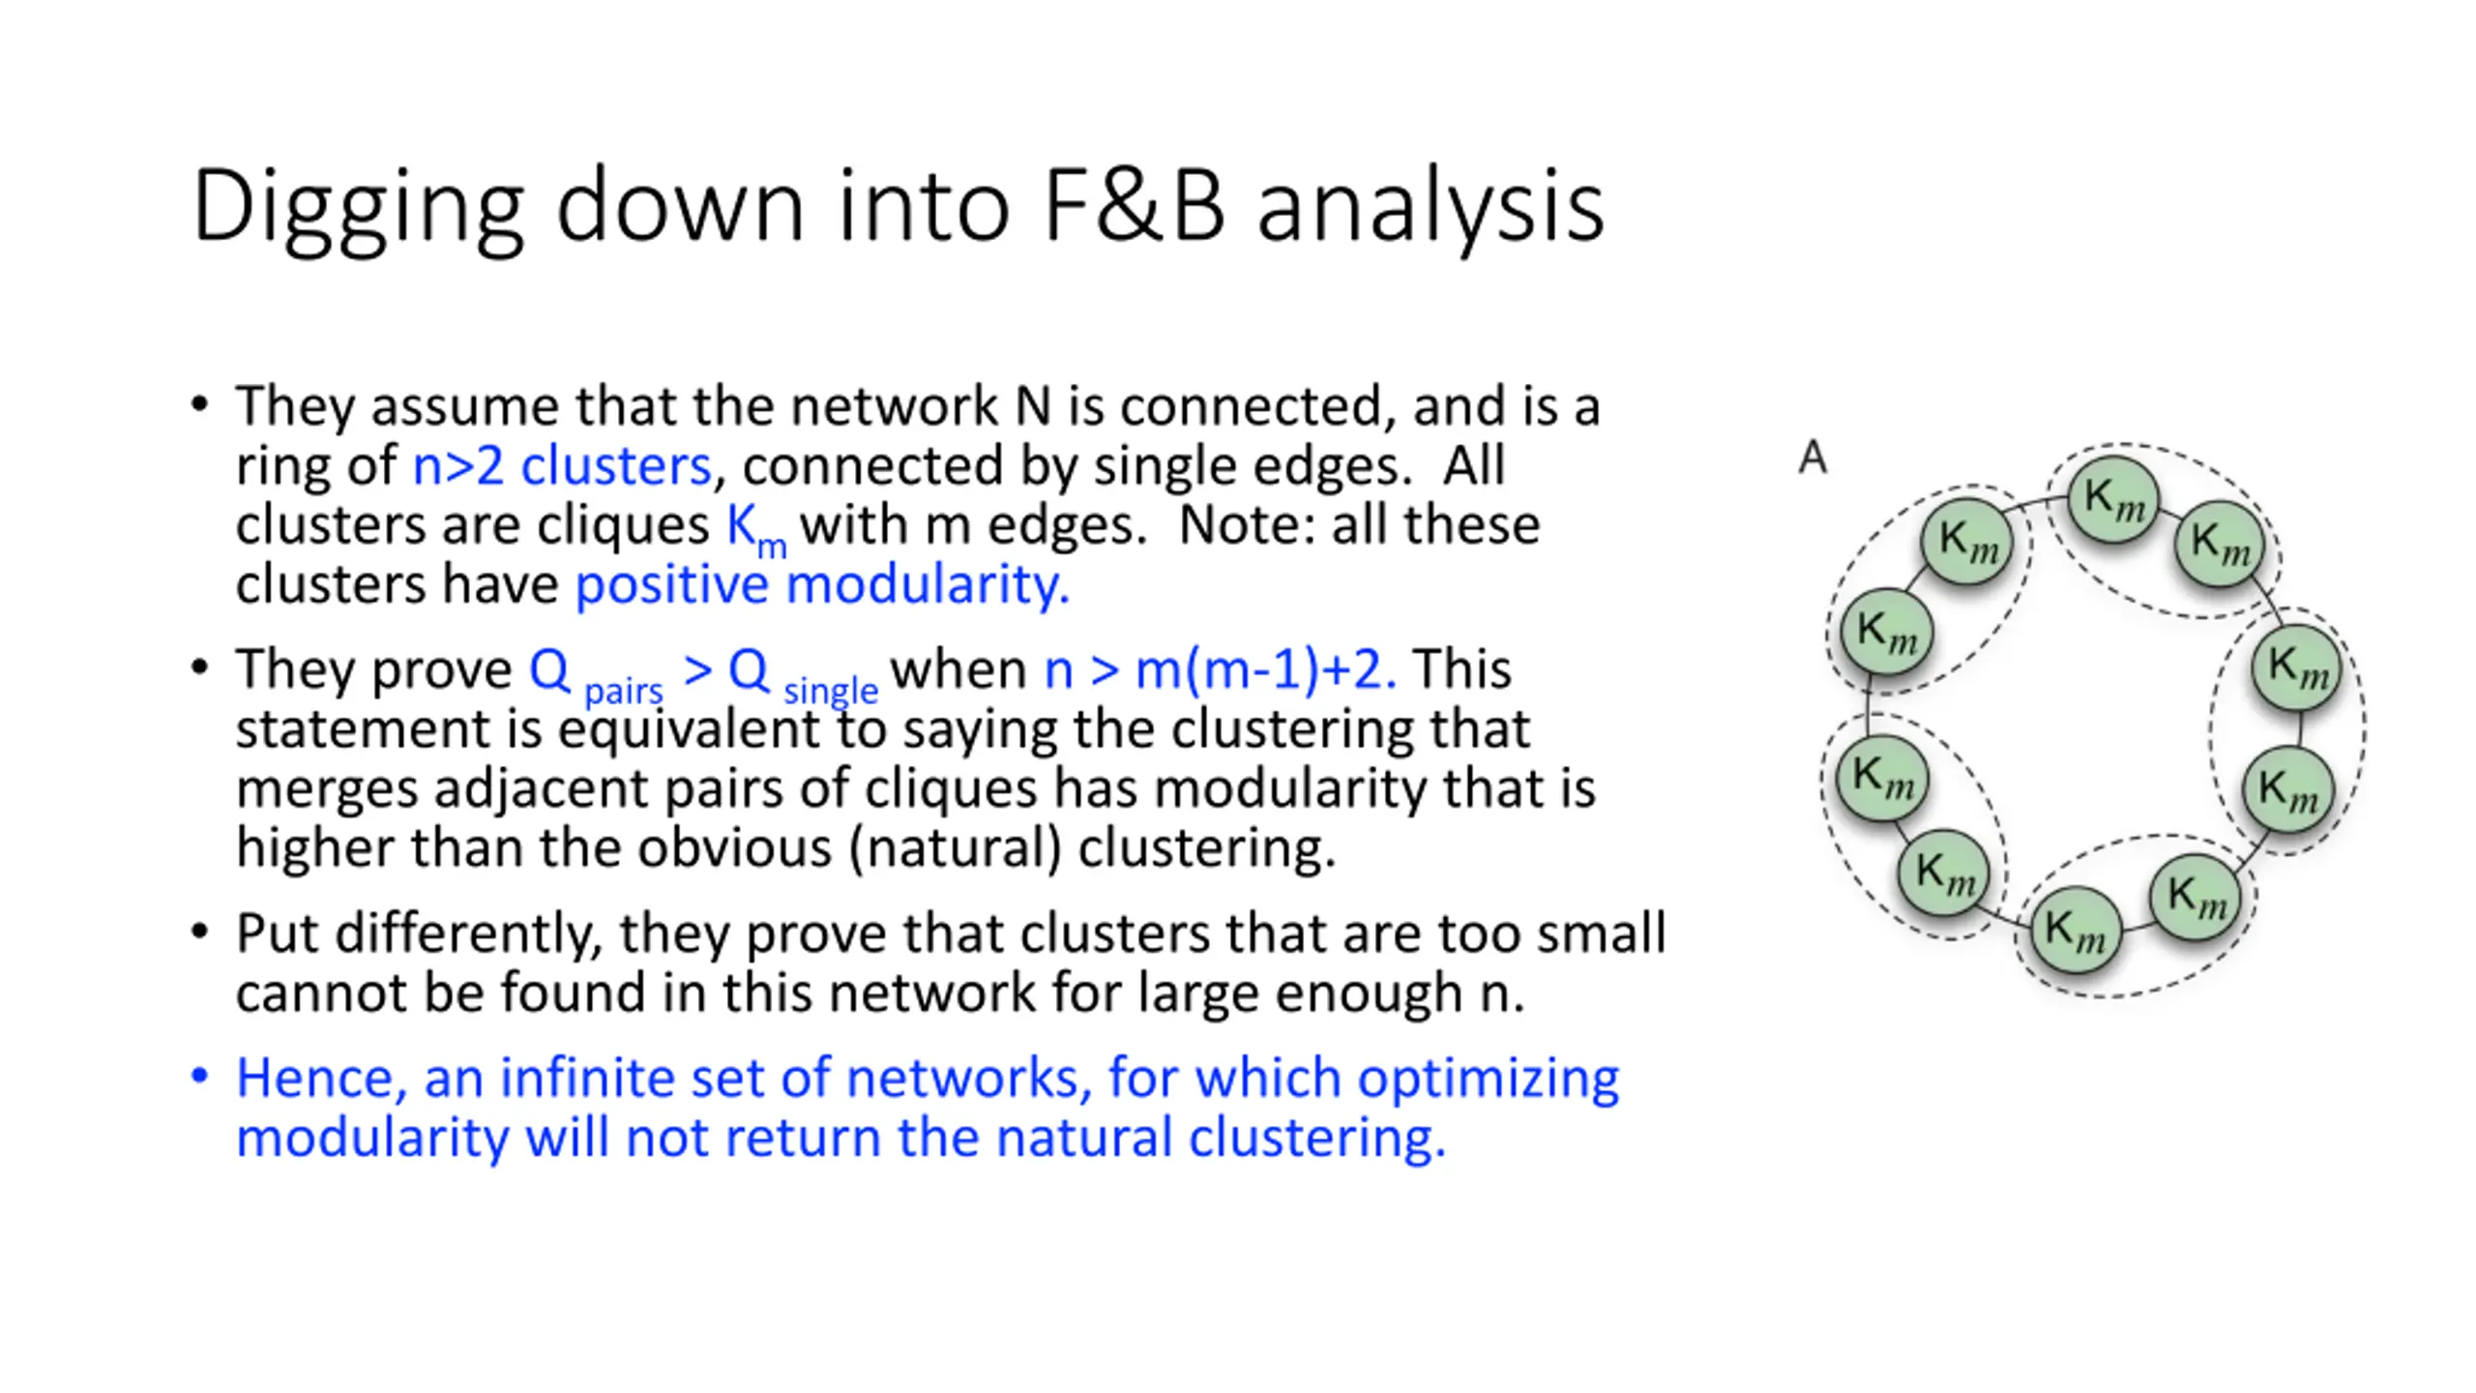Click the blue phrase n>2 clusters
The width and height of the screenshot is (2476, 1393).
[562, 466]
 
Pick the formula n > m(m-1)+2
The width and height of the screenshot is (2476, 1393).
[1220, 669]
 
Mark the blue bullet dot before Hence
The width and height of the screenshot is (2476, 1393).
[200, 1077]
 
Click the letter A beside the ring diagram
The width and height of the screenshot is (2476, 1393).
[1813, 459]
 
